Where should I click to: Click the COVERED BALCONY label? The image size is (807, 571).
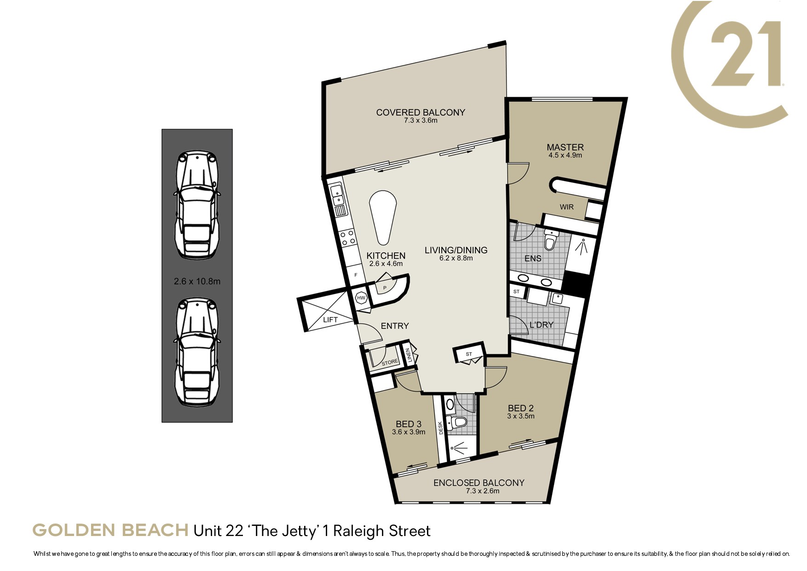(x=421, y=112)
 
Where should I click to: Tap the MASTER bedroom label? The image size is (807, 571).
(x=565, y=147)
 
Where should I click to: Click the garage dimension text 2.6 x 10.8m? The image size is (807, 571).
(x=197, y=281)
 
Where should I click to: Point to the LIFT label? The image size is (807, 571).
(x=330, y=320)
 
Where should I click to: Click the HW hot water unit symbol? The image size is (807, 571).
(x=361, y=298)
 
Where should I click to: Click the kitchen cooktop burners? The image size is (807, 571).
(x=347, y=237)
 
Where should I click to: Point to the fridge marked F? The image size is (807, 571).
(x=356, y=275)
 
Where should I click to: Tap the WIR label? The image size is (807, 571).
(x=566, y=207)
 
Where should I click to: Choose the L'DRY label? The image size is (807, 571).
(x=542, y=325)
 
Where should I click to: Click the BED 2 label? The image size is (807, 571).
(x=521, y=408)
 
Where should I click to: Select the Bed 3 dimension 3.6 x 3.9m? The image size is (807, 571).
(x=409, y=432)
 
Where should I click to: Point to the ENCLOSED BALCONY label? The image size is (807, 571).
(x=478, y=483)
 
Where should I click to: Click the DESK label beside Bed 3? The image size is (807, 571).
(x=440, y=428)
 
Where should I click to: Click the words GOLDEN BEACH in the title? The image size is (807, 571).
(x=110, y=530)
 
